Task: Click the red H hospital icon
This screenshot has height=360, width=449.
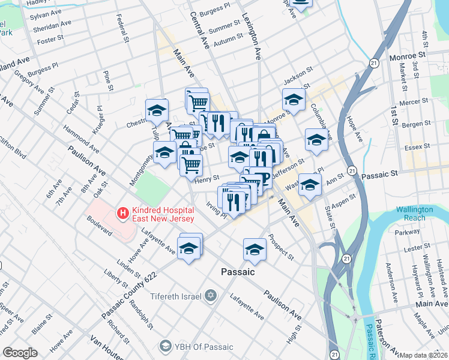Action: tap(123, 212)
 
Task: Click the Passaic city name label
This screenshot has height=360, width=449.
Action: tap(238, 272)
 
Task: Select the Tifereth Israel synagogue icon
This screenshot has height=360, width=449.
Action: tap(209, 295)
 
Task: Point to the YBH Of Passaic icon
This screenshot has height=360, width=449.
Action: tap(165, 346)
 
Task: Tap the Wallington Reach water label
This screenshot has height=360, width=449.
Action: tap(414, 214)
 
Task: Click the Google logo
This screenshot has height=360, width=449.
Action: tap(20, 353)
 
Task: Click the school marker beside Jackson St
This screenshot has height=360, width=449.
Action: tap(294, 98)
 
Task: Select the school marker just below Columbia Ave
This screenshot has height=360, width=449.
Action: tap(316, 139)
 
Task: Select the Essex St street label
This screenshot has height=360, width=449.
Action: tap(418, 146)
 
